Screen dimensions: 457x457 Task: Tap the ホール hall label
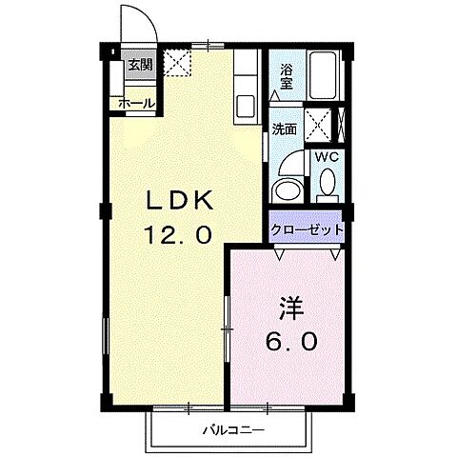point(137,103)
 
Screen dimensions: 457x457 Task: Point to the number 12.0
point(178,234)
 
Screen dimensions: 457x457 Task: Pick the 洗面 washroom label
point(285,129)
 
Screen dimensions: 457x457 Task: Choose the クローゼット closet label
point(306,229)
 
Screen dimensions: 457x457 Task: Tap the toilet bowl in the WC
point(327,182)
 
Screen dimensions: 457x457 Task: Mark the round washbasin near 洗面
point(286,185)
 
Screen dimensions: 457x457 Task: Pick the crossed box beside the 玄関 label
point(176,63)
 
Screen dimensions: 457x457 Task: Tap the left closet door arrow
point(278,254)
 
